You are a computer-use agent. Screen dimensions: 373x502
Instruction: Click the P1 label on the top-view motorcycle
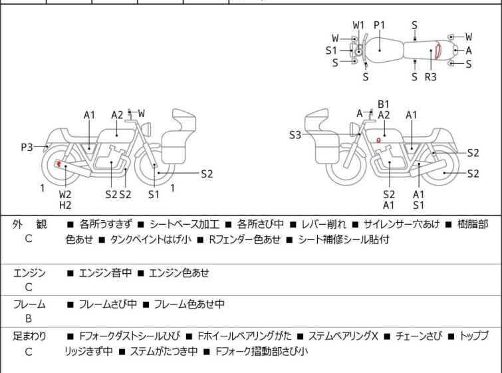(380, 25)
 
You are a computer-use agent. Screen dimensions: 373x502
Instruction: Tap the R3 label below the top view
(430, 77)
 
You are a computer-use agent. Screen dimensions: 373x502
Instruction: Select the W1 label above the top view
(358, 25)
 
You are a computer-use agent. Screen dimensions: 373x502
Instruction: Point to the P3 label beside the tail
(27, 148)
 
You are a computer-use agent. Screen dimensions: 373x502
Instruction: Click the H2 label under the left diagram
(65, 205)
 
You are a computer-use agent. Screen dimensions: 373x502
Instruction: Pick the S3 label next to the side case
(295, 135)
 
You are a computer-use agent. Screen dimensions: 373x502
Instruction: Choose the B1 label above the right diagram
(384, 104)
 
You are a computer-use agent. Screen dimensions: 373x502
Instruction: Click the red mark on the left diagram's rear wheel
(59, 164)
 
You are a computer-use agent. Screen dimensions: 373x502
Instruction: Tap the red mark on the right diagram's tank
(378, 140)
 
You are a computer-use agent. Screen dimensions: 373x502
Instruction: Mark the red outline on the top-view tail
(438, 51)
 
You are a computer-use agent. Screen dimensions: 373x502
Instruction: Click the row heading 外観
(29, 225)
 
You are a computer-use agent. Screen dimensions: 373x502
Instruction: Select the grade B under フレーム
(29, 318)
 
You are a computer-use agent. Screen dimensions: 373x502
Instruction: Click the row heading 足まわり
(30, 336)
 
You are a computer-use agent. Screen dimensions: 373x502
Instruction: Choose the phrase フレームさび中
(108, 305)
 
